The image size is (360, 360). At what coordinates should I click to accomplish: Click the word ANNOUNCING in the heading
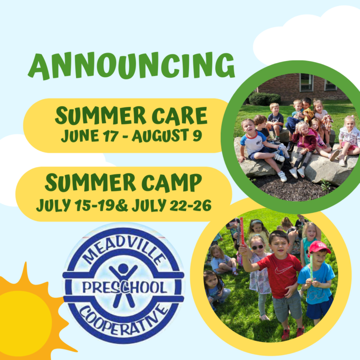tap(132, 66)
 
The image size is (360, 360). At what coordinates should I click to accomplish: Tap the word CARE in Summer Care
tap(180, 116)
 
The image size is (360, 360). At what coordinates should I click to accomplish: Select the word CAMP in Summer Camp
tap(172, 183)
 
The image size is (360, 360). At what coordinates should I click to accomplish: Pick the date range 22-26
tap(190, 205)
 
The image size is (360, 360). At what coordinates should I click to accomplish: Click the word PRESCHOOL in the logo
tap(125, 288)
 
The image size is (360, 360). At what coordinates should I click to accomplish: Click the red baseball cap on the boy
tap(319, 247)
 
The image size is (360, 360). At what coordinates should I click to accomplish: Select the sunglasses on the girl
tap(257, 247)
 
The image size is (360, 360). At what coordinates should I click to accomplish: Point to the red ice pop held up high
tap(241, 231)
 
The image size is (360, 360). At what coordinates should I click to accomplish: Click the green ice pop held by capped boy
tap(312, 266)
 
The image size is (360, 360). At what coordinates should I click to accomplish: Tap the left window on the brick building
tap(306, 83)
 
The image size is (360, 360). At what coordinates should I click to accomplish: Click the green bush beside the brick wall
tap(265, 99)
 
